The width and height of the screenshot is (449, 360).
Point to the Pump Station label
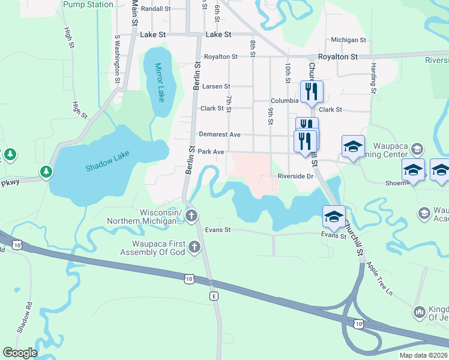pyautogui.click(x=88, y=5)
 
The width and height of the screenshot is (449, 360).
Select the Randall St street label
pyautogui.click(x=156, y=9)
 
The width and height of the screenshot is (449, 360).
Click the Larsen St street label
pyautogui.click(x=216, y=87)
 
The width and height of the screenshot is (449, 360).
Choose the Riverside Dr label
pyautogui.click(x=296, y=176)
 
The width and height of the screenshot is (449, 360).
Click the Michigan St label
pyautogui.click(x=348, y=40)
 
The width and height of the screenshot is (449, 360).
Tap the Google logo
pyautogui.click(x=19, y=353)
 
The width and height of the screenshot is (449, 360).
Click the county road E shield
pyautogui.click(x=213, y=296)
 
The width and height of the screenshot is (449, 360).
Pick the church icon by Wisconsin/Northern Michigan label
pyautogui.click(x=191, y=216)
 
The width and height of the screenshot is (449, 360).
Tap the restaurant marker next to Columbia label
pyautogui.click(x=310, y=92)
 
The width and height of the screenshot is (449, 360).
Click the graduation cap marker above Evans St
pyautogui.click(x=334, y=216)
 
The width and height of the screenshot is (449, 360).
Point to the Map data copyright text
pyautogui.click(x=423, y=355)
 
